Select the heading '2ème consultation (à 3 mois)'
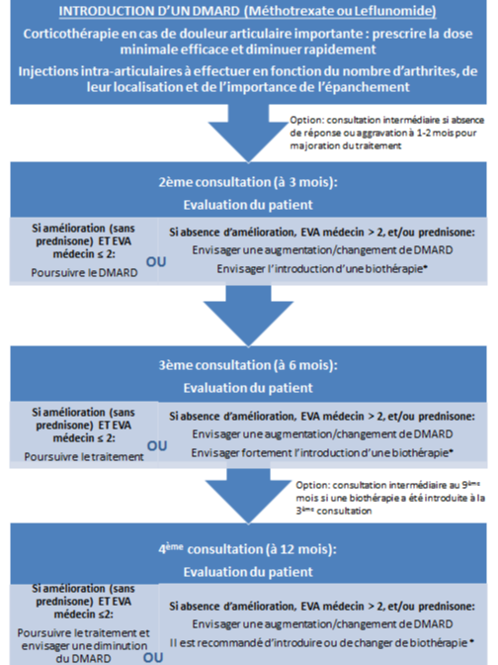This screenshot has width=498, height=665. click(x=248, y=182)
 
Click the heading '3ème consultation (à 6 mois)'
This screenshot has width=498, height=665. click(x=248, y=365)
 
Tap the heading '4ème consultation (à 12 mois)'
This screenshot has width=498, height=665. click(x=248, y=549)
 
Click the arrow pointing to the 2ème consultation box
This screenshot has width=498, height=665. click(x=248, y=133)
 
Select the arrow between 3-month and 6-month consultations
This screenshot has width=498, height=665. click(x=248, y=315)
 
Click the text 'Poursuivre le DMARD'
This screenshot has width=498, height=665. click(x=84, y=273)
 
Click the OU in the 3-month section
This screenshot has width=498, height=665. click(x=156, y=262)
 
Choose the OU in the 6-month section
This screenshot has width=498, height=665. click(x=157, y=446)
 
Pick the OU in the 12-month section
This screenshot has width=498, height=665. click(x=153, y=658)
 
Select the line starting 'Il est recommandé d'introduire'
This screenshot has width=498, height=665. click(x=321, y=643)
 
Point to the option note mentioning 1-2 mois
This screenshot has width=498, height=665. click(x=386, y=133)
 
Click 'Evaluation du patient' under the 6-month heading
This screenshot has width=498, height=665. click(x=248, y=388)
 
